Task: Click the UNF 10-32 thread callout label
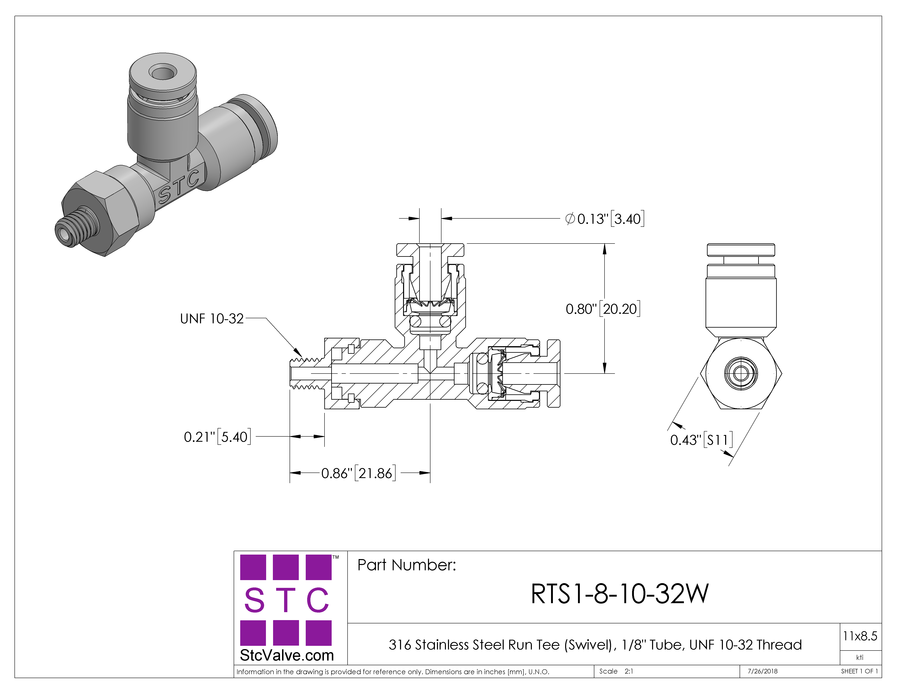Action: click(212, 319)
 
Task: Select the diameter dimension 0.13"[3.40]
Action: click(605, 219)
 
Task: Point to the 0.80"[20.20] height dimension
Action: click(603, 309)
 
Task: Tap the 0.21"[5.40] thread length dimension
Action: click(217, 437)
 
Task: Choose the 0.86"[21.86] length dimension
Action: click(358, 473)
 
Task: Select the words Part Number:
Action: click(407, 565)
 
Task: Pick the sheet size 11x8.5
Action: click(860, 636)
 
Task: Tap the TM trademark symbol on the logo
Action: click(336, 557)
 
